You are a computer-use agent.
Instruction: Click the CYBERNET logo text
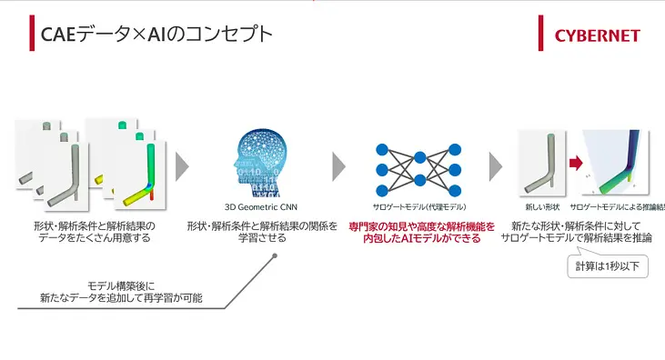(x=597, y=36)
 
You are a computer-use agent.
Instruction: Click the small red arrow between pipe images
(x=576, y=165)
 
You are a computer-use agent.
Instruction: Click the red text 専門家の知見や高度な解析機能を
(x=422, y=225)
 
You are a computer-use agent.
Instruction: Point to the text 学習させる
(x=262, y=238)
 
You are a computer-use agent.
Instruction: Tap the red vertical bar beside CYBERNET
(x=540, y=35)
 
